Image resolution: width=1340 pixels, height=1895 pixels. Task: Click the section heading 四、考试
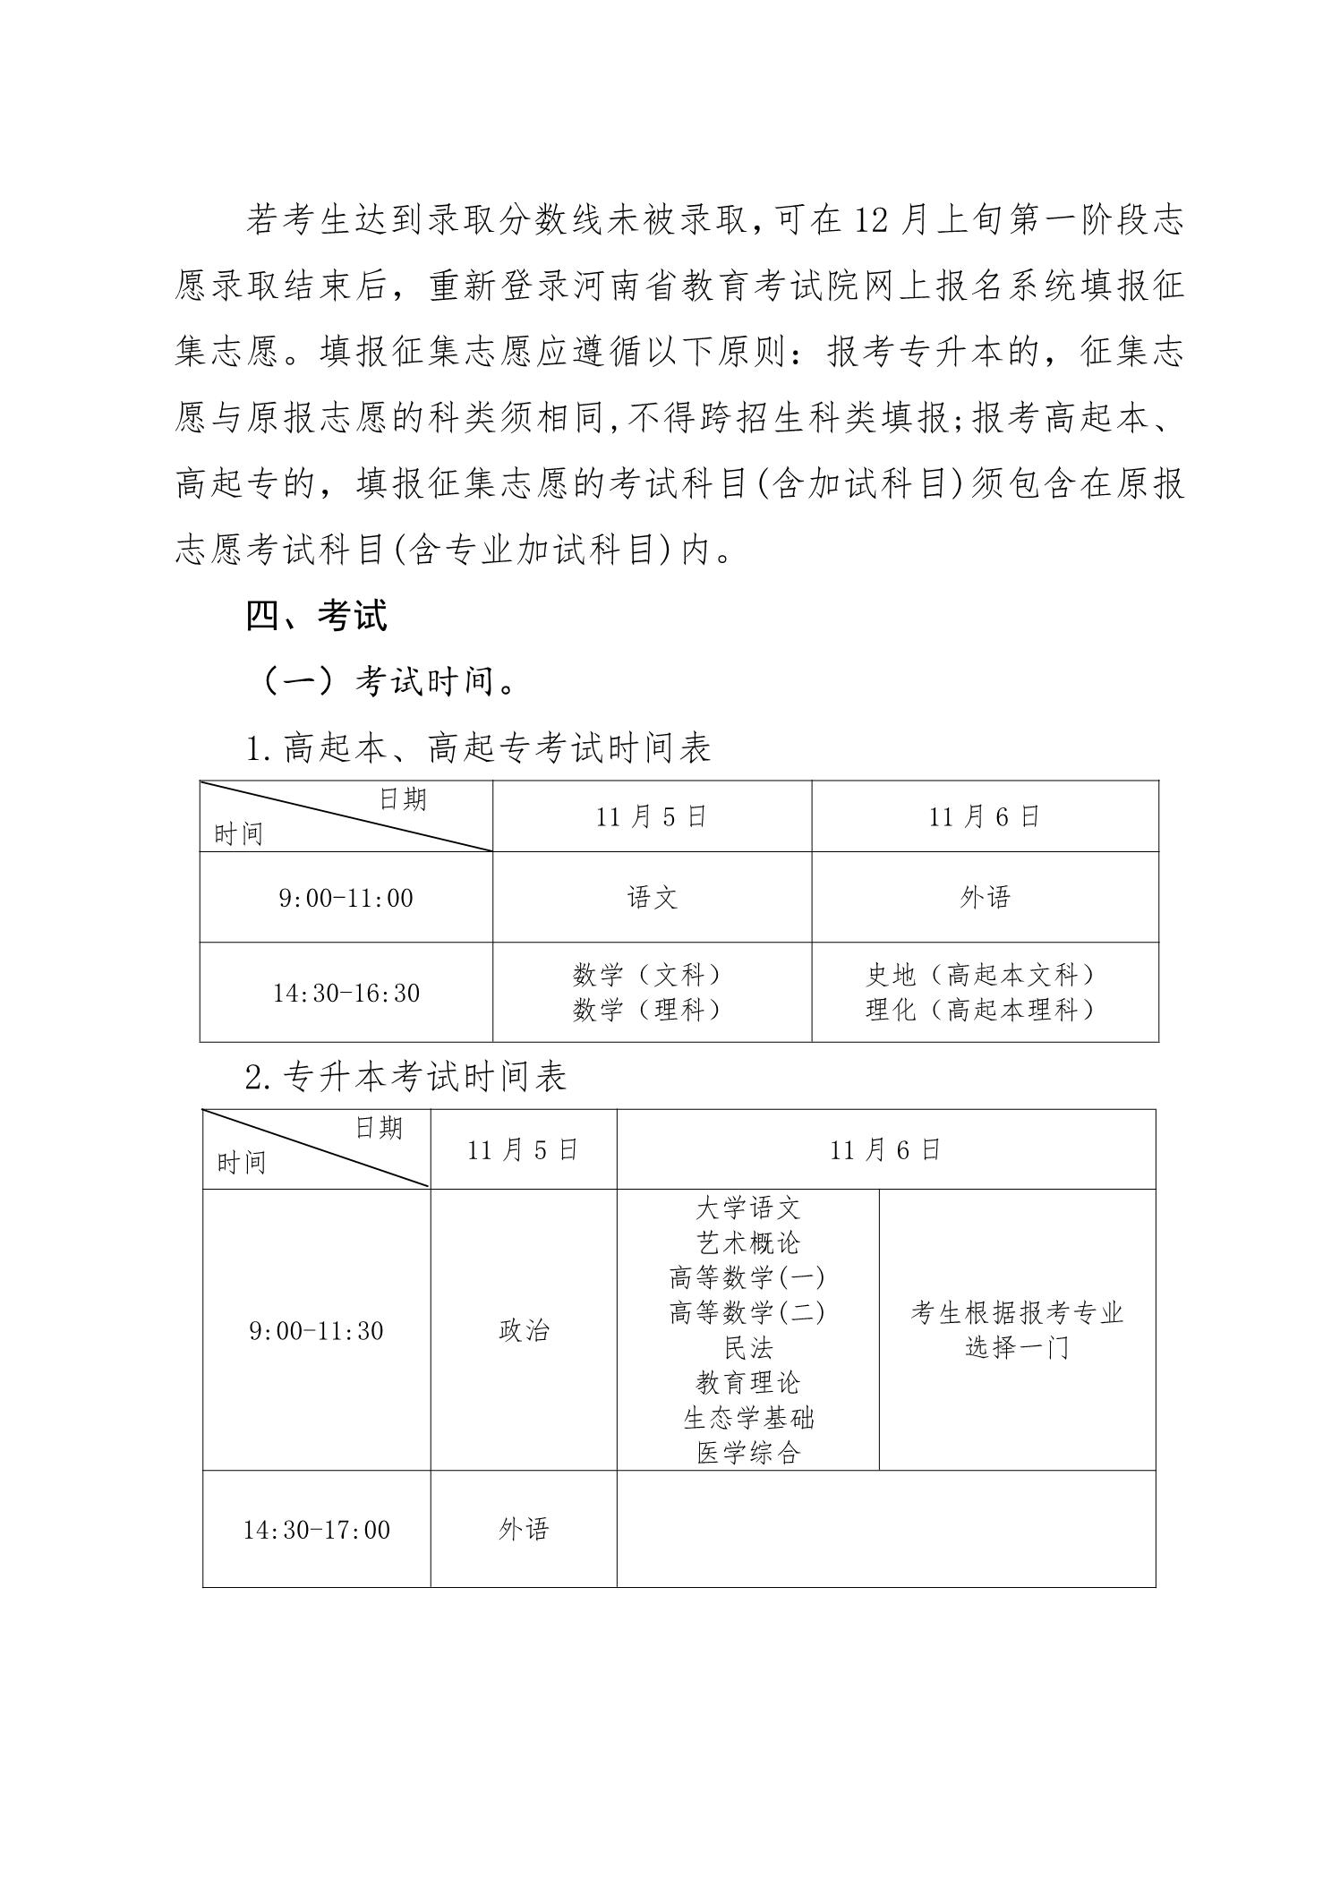point(316,617)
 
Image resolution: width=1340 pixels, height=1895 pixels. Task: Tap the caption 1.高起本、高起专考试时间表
point(478,747)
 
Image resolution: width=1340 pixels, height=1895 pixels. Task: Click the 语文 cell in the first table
point(652,897)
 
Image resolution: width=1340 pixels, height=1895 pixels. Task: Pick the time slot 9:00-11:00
point(346,897)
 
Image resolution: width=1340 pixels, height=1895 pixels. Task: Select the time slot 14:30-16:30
point(346,993)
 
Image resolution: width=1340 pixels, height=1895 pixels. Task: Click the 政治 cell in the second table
point(523,1331)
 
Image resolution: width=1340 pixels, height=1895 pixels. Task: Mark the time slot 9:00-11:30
point(316,1331)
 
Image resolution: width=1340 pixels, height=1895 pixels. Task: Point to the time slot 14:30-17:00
point(316,1530)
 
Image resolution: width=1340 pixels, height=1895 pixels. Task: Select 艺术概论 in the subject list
point(747,1243)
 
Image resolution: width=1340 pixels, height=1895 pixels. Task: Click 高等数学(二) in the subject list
point(747,1313)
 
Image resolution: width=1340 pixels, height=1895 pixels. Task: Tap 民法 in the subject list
point(747,1348)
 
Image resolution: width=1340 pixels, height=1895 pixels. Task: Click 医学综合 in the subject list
point(747,1453)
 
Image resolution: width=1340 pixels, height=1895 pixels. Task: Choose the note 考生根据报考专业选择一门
point(1017,1331)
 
